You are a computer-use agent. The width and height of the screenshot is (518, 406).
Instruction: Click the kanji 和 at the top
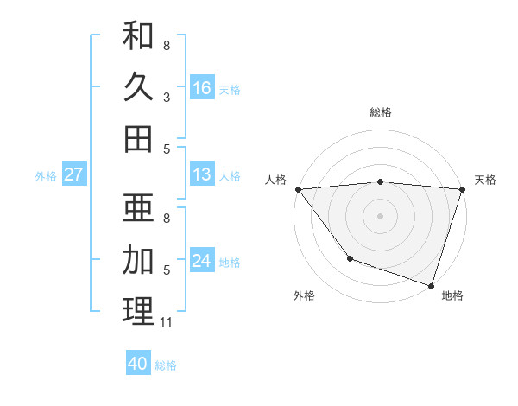tap(138, 36)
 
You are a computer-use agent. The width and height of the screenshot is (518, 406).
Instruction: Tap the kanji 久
tap(138, 86)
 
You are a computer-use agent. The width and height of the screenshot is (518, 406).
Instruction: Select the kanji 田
tap(138, 137)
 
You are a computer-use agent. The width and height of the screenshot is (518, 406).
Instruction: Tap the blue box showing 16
tap(202, 87)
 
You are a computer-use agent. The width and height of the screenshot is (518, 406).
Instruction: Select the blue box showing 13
tap(202, 174)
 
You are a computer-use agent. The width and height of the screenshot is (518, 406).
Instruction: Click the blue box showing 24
tap(202, 261)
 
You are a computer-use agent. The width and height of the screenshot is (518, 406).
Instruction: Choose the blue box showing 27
tap(74, 174)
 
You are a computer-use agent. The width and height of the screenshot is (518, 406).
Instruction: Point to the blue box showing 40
tap(138, 364)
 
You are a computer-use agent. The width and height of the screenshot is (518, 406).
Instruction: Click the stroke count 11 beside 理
tap(167, 322)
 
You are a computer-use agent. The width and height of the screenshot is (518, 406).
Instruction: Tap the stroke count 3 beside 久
tap(167, 97)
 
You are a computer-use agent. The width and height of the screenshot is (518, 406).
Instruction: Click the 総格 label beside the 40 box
tap(166, 365)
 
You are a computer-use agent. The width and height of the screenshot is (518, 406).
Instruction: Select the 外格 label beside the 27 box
tap(46, 176)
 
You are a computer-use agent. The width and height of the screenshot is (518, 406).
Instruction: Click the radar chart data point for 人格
tap(298, 189)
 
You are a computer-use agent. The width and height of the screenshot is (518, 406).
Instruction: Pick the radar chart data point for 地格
tap(431, 285)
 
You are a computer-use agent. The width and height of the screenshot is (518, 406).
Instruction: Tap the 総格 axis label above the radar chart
tap(380, 112)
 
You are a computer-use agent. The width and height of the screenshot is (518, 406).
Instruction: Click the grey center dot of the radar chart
tap(380, 215)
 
